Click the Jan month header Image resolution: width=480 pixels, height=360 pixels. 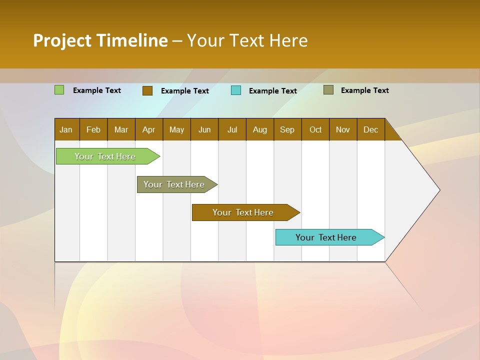66,129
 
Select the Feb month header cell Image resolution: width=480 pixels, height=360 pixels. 93,129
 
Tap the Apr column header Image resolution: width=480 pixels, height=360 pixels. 149,129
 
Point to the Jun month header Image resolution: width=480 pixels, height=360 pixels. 204,129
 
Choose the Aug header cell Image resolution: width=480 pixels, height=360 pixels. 260,129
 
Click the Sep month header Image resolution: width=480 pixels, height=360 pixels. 287,129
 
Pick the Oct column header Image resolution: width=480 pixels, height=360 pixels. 315,129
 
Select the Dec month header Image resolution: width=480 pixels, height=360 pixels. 371,129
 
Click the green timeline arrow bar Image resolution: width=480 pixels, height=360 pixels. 105,156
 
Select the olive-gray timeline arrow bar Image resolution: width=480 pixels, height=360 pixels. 174,184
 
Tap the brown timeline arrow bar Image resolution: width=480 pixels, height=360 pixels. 243,212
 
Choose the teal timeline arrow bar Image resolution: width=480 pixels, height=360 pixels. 326,237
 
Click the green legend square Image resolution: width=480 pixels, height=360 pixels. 59,90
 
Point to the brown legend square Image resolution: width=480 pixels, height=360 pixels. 147,90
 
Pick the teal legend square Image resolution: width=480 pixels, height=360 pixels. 236,90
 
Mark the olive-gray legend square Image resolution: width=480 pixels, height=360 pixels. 328,90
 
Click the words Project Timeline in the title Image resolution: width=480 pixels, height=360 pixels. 100,40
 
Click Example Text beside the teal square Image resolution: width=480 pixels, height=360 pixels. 273,91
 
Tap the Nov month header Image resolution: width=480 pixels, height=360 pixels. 343,129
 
